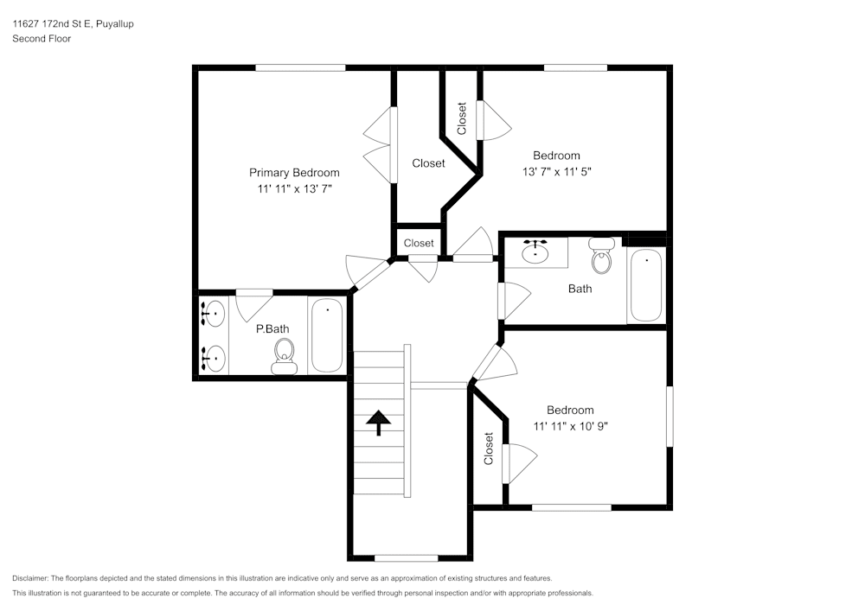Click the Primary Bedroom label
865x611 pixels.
point(294,172)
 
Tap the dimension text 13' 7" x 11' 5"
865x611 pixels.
point(556,171)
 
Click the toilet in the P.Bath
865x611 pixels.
point(284,355)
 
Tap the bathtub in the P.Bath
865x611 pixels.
point(327,334)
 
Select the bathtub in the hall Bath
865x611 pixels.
point(645,285)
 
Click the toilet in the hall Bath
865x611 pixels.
point(601,256)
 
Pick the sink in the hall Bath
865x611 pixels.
point(538,251)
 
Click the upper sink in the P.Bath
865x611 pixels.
point(213,314)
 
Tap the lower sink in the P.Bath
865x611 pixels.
point(213,356)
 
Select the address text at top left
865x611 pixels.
point(73,24)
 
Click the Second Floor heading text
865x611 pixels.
point(42,39)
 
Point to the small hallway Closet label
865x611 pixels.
point(419,243)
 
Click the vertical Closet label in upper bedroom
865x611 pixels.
point(462,118)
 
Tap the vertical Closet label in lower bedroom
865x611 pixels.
point(489,449)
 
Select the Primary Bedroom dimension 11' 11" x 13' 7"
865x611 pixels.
point(294,188)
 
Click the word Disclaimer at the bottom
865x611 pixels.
point(30,578)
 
